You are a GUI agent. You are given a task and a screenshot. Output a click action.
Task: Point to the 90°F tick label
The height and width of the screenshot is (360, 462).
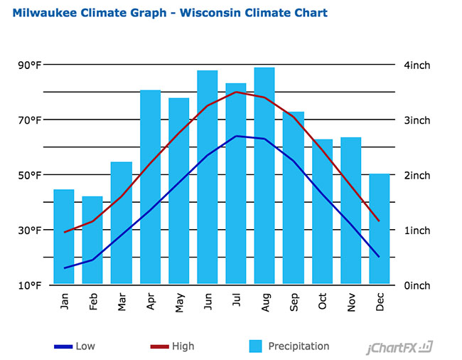[30, 65]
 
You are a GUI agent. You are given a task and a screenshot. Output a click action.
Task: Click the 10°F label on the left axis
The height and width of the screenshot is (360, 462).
[30, 285]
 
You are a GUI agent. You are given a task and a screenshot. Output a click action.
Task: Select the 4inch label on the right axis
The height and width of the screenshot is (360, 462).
[417, 65]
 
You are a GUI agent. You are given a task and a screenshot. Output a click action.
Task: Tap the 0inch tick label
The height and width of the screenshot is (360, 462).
[417, 285]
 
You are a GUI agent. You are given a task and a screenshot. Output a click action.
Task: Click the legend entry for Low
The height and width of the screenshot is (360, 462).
[75, 346]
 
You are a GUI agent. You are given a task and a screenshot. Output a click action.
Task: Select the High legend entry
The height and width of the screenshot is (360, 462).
[172, 346]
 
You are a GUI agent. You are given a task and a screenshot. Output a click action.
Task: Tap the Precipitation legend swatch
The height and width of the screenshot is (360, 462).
[256, 346]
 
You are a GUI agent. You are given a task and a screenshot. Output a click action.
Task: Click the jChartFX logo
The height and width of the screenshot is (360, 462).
[400, 347]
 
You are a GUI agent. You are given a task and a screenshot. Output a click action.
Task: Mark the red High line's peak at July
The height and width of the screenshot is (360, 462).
[237, 92]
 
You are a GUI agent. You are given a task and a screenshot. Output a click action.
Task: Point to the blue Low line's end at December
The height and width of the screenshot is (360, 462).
[379, 256]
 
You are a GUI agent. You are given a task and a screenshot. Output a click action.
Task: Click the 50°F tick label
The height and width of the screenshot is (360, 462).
[30, 176]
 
